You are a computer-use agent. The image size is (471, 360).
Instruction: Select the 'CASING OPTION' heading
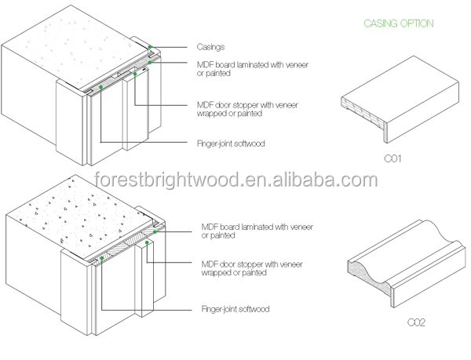click(397, 24)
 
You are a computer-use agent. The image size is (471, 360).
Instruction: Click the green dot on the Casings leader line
click(150, 47)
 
